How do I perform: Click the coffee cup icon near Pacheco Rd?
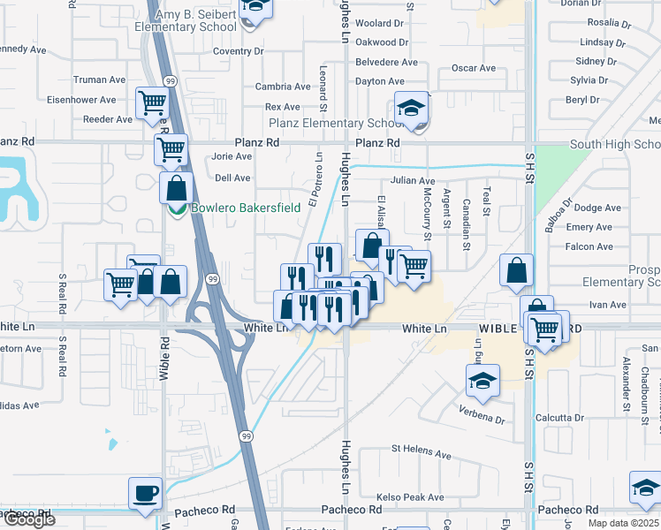click(x=145, y=493)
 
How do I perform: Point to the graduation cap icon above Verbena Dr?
click(x=482, y=381)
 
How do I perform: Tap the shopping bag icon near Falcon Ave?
click(x=515, y=271)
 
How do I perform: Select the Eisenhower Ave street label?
click(x=81, y=101)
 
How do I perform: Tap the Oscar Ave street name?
click(x=474, y=68)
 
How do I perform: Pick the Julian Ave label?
click(x=413, y=180)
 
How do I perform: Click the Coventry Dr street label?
click(x=232, y=52)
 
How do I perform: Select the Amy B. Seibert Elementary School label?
click(x=186, y=20)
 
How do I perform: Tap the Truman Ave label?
click(x=100, y=79)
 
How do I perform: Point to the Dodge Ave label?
click(x=597, y=208)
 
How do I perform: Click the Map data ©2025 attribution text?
click(x=622, y=523)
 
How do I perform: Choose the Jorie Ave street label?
click(x=232, y=156)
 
